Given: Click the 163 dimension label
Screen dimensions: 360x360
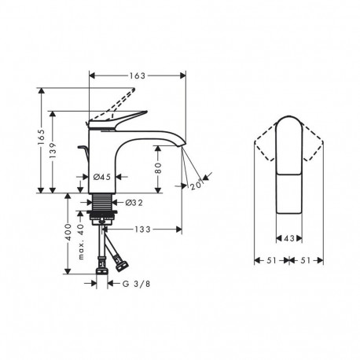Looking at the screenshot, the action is point(138,75).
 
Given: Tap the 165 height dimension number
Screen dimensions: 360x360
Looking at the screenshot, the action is point(41,137).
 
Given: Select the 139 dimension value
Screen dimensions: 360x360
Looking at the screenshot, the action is point(53,150).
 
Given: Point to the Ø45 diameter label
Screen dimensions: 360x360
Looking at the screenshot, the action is point(102,177).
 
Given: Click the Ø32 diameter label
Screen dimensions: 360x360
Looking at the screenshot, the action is point(134,203).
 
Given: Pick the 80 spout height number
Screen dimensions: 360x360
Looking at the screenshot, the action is point(158,168).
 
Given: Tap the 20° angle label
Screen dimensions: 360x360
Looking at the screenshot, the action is point(197,185).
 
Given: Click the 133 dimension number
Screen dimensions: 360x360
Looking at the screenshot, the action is point(143,230).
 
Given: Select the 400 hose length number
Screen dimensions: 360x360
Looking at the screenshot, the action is point(68,232).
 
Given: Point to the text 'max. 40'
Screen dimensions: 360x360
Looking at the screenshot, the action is point(81,241).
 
